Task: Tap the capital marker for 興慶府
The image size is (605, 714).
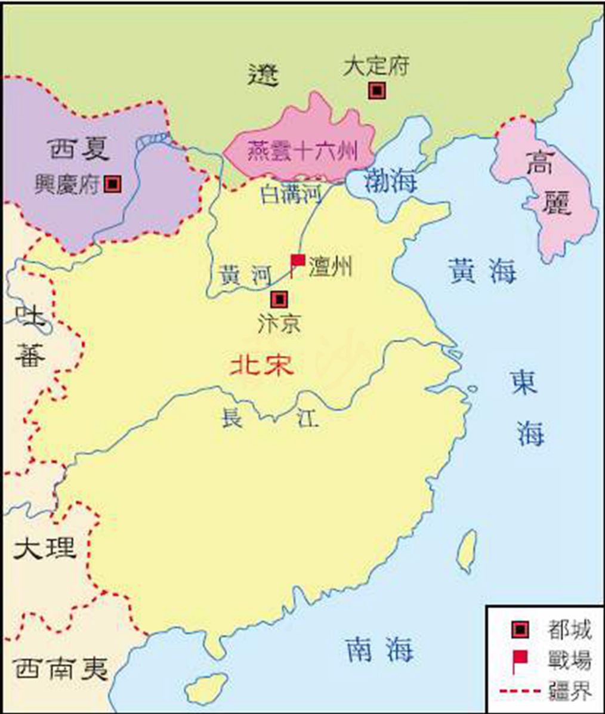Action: click(112, 184)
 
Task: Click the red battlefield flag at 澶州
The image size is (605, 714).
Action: click(297, 261)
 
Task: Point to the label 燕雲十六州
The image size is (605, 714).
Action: click(301, 152)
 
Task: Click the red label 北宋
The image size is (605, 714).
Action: click(263, 365)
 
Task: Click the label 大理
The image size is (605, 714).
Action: click(45, 548)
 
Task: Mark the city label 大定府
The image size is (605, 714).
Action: click(376, 66)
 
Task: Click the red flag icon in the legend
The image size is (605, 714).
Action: click(520, 659)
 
